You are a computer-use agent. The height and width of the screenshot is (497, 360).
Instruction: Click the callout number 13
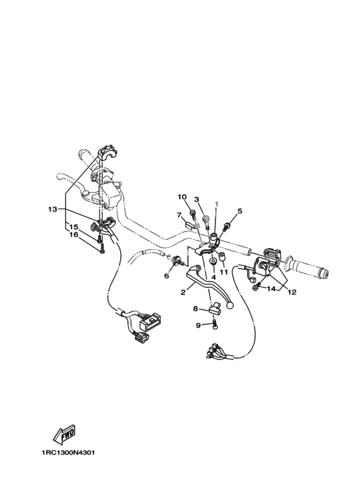click(x=52, y=209)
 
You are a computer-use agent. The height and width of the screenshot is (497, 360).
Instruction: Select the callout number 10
click(x=182, y=197)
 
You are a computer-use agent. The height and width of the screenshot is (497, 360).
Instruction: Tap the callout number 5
click(x=240, y=211)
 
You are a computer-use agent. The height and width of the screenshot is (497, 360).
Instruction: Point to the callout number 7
click(x=179, y=215)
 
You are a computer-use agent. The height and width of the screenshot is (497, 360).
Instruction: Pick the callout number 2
click(x=183, y=293)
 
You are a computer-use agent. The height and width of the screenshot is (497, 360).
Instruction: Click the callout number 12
click(x=292, y=293)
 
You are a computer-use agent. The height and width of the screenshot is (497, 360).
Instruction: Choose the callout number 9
click(x=198, y=325)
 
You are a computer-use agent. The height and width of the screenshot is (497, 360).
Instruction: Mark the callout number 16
click(x=73, y=235)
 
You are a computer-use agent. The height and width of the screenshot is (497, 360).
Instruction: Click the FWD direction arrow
click(x=64, y=434)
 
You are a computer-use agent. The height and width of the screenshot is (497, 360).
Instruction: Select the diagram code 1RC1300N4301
click(x=67, y=453)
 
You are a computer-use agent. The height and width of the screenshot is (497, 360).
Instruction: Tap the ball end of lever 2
click(x=230, y=305)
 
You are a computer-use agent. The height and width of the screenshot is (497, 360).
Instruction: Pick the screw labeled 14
click(x=256, y=286)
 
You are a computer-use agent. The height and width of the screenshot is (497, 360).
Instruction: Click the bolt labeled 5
click(x=227, y=226)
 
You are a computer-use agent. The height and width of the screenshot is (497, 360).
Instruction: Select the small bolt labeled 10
click(x=192, y=214)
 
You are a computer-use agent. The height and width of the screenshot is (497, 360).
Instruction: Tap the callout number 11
click(x=224, y=272)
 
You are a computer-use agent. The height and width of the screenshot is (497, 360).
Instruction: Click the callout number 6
click(x=166, y=276)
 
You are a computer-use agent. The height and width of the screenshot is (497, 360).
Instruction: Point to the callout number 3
click(x=197, y=199)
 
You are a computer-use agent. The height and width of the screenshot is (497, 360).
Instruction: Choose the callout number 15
click(x=73, y=227)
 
